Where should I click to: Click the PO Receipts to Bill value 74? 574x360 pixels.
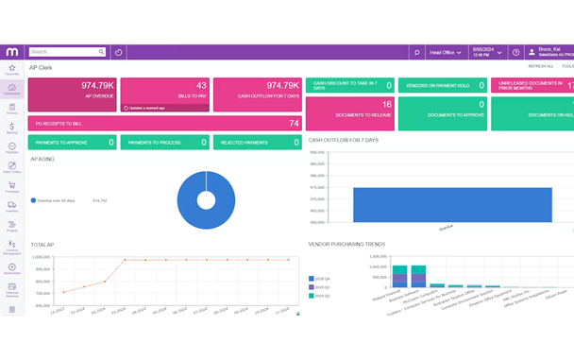tap(294, 123)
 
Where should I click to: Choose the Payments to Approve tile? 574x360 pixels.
tap(72, 143)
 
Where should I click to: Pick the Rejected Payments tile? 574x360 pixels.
tap(257, 143)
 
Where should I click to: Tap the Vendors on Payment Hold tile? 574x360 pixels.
tap(442, 85)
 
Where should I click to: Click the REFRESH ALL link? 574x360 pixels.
tap(541, 67)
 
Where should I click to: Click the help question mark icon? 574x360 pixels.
tap(516, 52)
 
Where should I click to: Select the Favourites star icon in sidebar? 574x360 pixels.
tap(11, 69)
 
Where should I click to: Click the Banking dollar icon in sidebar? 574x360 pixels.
tap(11, 128)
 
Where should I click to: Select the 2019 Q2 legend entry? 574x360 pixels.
tap(322, 296)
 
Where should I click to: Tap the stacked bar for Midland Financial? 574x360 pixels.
tap(401, 276)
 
